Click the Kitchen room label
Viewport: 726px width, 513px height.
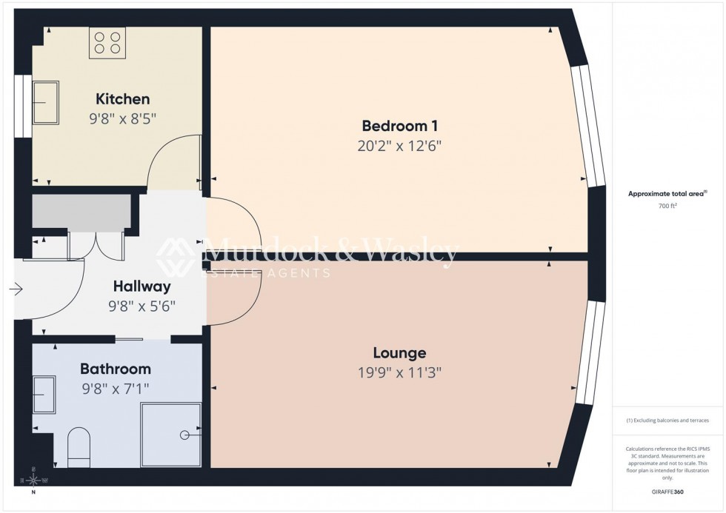click(122, 98)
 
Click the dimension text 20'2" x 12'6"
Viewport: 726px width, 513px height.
click(399, 145)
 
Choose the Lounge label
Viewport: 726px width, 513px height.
click(399, 353)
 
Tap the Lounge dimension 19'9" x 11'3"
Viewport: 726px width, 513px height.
click(399, 372)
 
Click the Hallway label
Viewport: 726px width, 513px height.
click(141, 286)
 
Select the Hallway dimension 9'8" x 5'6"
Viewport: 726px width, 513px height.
click(141, 306)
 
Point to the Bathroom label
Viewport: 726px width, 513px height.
click(115, 369)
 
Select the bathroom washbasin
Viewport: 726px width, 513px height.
click(44, 394)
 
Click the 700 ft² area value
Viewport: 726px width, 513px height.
click(667, 207)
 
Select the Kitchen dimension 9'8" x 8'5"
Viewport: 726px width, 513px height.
click(122, 117)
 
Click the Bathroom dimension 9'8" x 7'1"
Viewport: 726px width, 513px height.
click(115, 387)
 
